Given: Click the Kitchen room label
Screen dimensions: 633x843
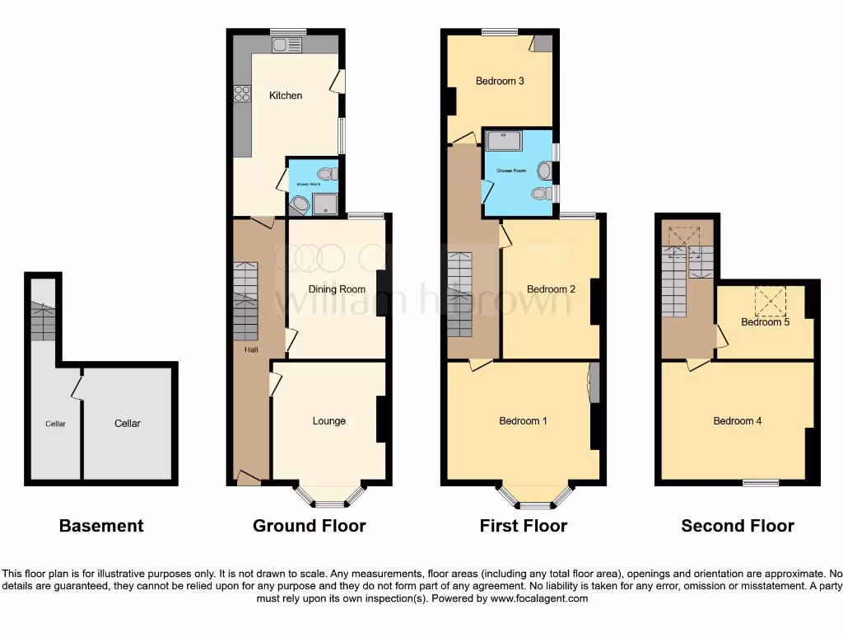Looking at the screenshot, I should click(x=286, y=96).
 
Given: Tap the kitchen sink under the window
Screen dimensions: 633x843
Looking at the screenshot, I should click(x=288, y=45).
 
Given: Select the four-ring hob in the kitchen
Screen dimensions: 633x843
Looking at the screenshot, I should click(x=242, y=95).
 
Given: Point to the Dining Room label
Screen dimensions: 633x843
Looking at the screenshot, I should click(x=337, y=289).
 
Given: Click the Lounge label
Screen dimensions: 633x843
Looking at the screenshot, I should click(x=329, y=421).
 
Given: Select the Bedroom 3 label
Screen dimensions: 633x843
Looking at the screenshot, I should click(x=500, y=81).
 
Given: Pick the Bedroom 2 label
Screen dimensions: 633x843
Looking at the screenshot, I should click(x=551, y=289).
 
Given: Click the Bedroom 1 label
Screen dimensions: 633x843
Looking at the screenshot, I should click(x=524, y=421).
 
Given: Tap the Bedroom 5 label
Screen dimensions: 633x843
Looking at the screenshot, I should click(x=765, y=322).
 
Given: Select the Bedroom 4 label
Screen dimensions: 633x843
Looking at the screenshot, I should click(x=737, y=421).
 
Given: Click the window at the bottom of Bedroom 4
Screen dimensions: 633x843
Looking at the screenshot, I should click(x=760, y=483).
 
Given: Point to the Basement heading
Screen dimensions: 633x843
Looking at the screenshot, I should click(x=101, y=526).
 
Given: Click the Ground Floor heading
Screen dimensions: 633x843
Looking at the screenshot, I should click(x=309, y=526).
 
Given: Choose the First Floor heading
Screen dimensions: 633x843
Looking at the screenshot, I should click(x=524, y=526).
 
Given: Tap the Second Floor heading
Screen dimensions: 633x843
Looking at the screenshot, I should click(x=737, y=526).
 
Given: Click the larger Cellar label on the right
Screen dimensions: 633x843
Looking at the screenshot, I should click(x=128, y=424).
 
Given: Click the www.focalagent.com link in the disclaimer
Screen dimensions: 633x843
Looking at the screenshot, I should click(x=538, y=598).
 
